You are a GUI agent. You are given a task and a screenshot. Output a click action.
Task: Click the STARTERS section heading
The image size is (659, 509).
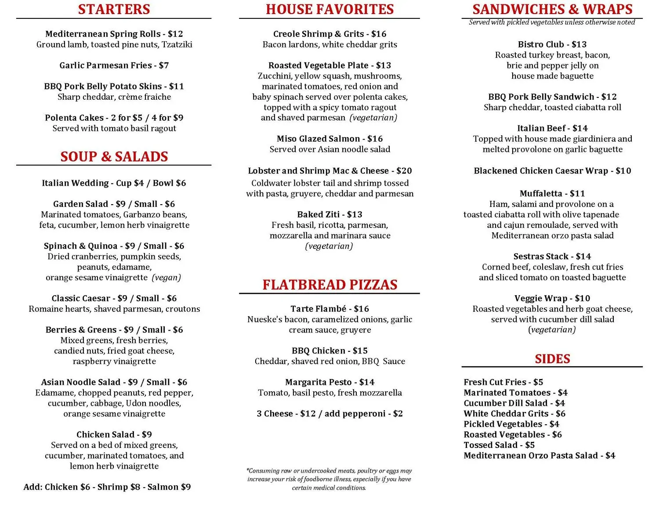pyautogui.click(x=114, y=9)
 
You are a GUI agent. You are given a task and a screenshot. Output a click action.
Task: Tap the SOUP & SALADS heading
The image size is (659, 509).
pyautogui.click(x=114, y=156)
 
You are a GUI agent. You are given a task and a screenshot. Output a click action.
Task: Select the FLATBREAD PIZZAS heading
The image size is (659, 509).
pyautogui.click(x=329, y=285)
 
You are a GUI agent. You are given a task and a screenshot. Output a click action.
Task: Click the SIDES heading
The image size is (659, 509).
pyautogui.click(x=552, y=359)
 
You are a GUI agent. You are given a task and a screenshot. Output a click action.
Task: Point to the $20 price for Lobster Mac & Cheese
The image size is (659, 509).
pyautogui.click(x=404, y=171)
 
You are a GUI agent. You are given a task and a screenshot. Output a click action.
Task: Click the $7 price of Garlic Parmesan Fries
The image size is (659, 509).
pyautogui.click(x=164, y=65)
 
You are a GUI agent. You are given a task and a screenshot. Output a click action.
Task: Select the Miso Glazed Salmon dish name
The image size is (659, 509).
pyautogui.click(x=319, y=139)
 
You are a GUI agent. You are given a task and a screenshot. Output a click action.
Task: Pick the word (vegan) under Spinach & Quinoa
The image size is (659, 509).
pyautogui.click(x=167, y=278)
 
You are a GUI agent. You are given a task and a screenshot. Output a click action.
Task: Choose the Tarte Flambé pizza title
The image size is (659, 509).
pyautogui.click(x=319, y=309)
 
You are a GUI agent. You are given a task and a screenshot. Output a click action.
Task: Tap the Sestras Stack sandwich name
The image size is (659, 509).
pyautogui.click(x=541, y=256)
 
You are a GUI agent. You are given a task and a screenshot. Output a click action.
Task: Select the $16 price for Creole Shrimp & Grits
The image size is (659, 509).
pyautogui.click(x=379, y=34)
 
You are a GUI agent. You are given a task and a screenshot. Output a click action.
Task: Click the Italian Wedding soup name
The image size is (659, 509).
pyautogui.click(x=75, y=183)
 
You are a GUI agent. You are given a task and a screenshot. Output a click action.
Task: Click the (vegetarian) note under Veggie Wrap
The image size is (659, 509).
pyautogui.click(x=552, y=330)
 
